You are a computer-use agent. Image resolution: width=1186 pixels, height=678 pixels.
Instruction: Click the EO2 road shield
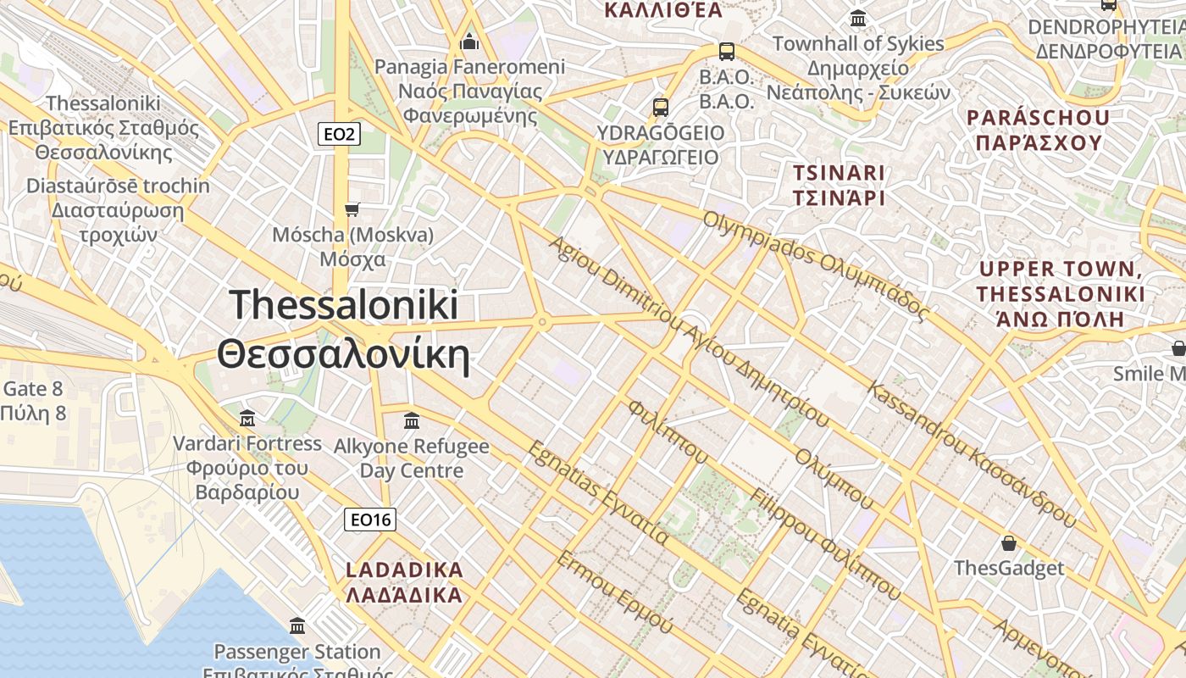tap(341, 134)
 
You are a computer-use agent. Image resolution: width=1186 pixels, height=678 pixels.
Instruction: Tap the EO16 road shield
tap(370, 520)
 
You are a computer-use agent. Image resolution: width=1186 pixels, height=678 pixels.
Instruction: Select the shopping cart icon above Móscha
tap(352, 209)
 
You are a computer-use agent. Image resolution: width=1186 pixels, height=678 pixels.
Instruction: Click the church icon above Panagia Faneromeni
tap(469, 42)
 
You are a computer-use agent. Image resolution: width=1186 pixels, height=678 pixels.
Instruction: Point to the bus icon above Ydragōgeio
tap(661, 108)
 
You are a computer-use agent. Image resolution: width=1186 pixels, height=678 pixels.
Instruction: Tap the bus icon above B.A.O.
tap(726, 52)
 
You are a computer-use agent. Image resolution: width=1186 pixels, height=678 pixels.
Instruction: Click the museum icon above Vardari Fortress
tap(247, 418)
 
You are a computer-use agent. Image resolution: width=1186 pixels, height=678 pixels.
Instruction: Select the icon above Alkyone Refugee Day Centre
tap(412, 420)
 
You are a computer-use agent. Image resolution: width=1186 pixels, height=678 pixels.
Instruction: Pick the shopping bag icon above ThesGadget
tap(1008, 543)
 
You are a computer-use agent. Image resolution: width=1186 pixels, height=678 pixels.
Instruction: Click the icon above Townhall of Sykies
tap(858, 18)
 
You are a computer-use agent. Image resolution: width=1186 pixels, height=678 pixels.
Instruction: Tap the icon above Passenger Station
tap(297, 626)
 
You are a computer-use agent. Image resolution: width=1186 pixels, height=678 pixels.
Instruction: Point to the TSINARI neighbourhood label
tap(839, 173)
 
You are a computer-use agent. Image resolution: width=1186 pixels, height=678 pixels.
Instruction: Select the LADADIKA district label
tap(405, 570)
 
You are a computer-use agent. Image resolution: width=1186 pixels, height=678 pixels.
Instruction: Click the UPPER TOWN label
tap(1061, 270)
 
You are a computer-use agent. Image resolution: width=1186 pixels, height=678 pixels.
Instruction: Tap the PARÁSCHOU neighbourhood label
tap(1038, 118)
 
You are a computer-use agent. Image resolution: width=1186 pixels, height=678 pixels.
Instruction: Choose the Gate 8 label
tap(34, 389)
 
